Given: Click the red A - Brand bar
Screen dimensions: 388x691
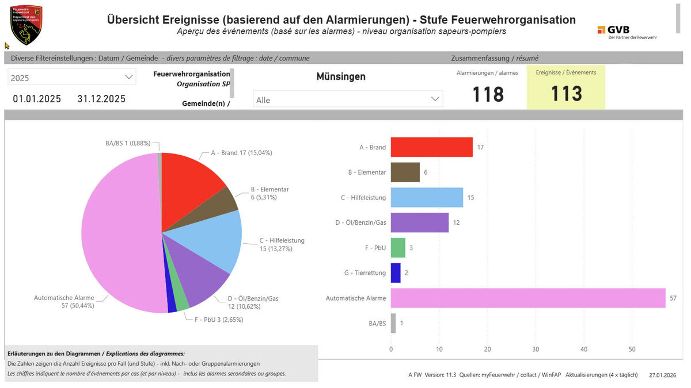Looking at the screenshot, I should [x=431, y=147].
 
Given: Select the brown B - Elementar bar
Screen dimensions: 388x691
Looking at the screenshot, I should [x=405, y=172].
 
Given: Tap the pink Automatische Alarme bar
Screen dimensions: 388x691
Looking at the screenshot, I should [x=527, y=298].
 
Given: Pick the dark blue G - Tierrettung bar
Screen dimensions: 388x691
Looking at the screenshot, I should [x=396, y=273].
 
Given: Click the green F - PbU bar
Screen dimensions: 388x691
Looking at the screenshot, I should [x=398, y=248].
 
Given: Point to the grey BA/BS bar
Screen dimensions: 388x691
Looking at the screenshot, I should [x=393, y=323].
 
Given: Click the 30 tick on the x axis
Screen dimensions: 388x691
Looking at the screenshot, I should [x=536, y=349].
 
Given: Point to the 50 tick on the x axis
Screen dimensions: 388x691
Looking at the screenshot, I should [x=632, y=349].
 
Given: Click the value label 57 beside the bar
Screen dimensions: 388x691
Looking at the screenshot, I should [x=673, y=298].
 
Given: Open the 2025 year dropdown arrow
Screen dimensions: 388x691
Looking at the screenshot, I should [x=128, y=77].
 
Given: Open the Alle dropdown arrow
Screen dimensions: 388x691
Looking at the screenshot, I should [x=435, y=99].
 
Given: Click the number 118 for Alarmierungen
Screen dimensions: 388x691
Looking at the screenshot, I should [x=488, y=94].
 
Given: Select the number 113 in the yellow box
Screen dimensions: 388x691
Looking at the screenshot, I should [x=566, y=94].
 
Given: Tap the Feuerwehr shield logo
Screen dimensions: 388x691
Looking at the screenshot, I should [x=26, y=24].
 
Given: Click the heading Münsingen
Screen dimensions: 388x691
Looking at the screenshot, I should [x=341, y=76].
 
